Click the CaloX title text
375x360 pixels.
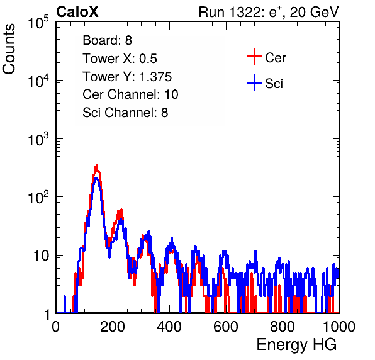point(77,12)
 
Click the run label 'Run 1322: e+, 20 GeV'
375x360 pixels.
point(269,12)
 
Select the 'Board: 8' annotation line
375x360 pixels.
point(108,40)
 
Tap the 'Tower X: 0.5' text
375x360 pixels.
point(120,59)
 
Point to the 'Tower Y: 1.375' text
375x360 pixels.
point(127,77)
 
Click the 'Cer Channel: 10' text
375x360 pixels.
point(130,94)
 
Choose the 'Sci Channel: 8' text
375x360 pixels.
point(125,113)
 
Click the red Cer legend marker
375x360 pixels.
point(254,57)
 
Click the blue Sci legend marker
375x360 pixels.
point(254,83)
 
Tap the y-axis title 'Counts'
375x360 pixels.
point(9,49)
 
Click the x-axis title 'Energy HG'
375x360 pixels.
point(297,345)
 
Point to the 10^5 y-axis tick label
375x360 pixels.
point(38,23)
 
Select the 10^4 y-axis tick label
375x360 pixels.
point(38,81)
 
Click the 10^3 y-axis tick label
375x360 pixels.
point(38,139)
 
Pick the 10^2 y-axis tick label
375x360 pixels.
point(38,198)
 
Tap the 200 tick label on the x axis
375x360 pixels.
point(113,327)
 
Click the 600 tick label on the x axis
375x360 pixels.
point(226,327)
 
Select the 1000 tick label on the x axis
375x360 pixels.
point(339,327)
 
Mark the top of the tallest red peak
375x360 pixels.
point(97,165)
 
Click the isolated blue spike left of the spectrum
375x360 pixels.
point(65,304)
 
